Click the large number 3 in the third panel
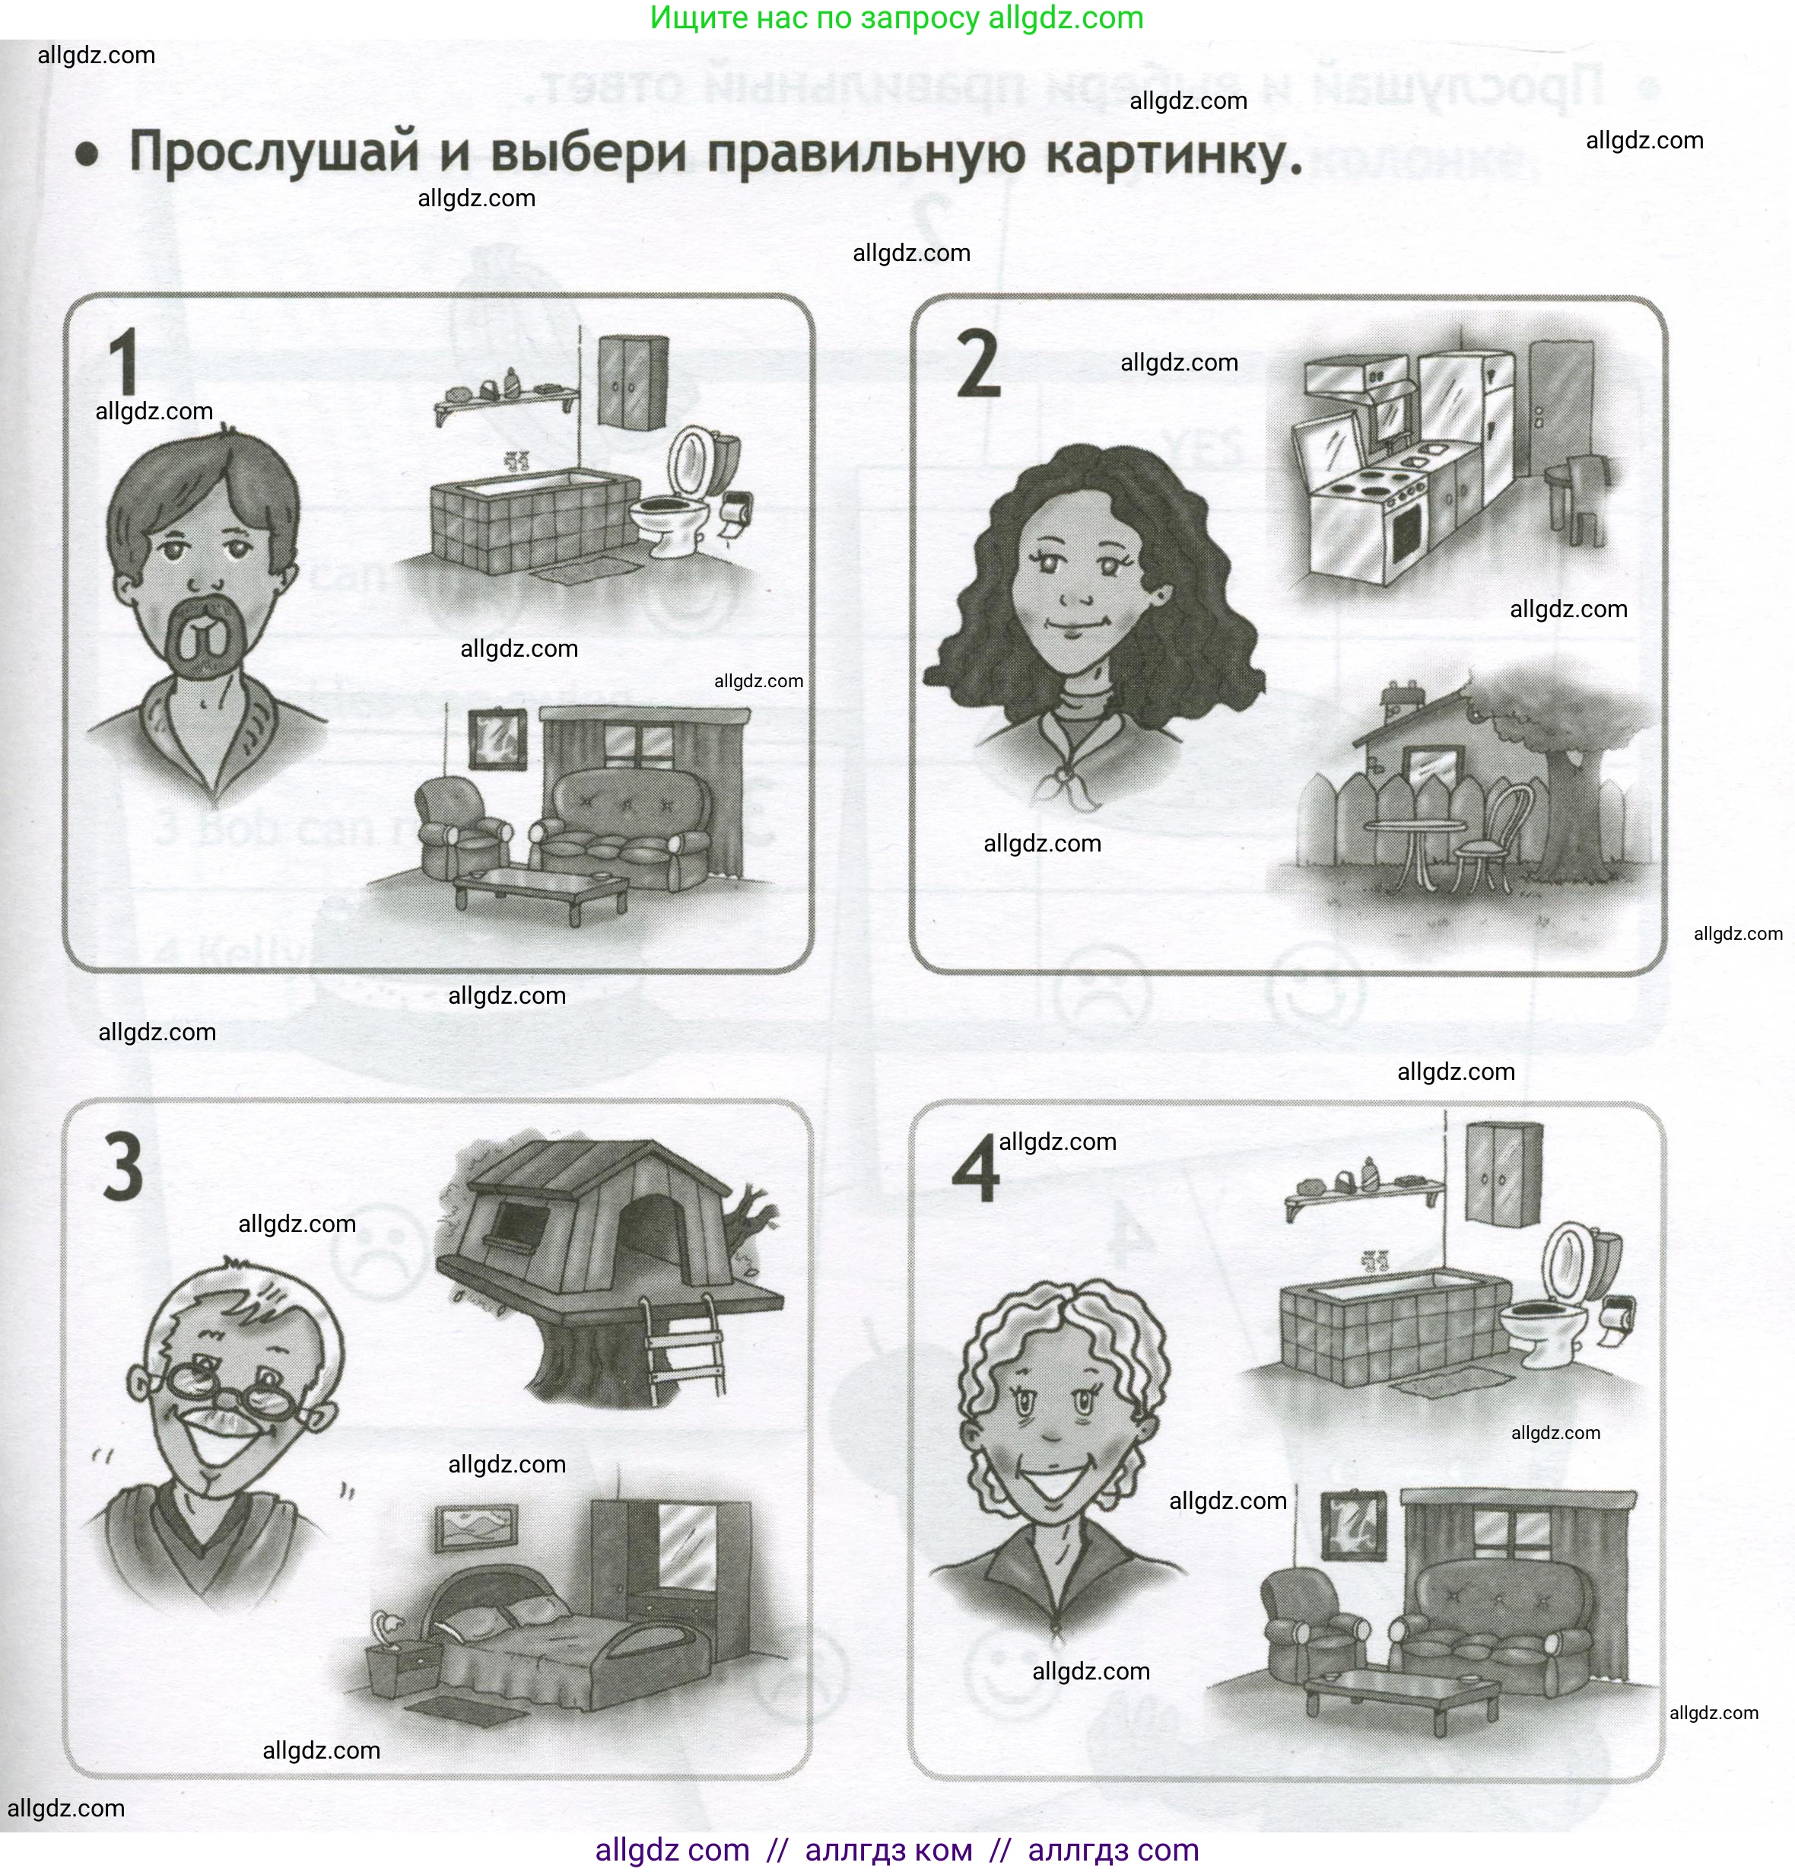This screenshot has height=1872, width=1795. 122,1167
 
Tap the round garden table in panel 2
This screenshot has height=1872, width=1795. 1414,829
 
